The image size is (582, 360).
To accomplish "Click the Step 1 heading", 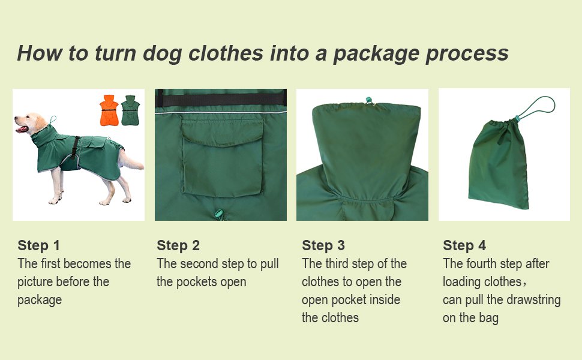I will pyautogui.click(x=39, y=245).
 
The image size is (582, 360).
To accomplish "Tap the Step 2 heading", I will pyautogui.click(x=178, y=245).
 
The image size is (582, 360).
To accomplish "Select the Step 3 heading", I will pyautogui.click(x=323, y=245).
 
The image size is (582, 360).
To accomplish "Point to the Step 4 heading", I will pyautogui.click(x=464, y=245).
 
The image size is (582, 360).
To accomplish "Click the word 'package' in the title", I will pyautogui.click(x=375, y=53).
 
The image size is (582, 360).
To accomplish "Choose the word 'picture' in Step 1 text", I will pyautogui.click(x=39, y=281).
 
